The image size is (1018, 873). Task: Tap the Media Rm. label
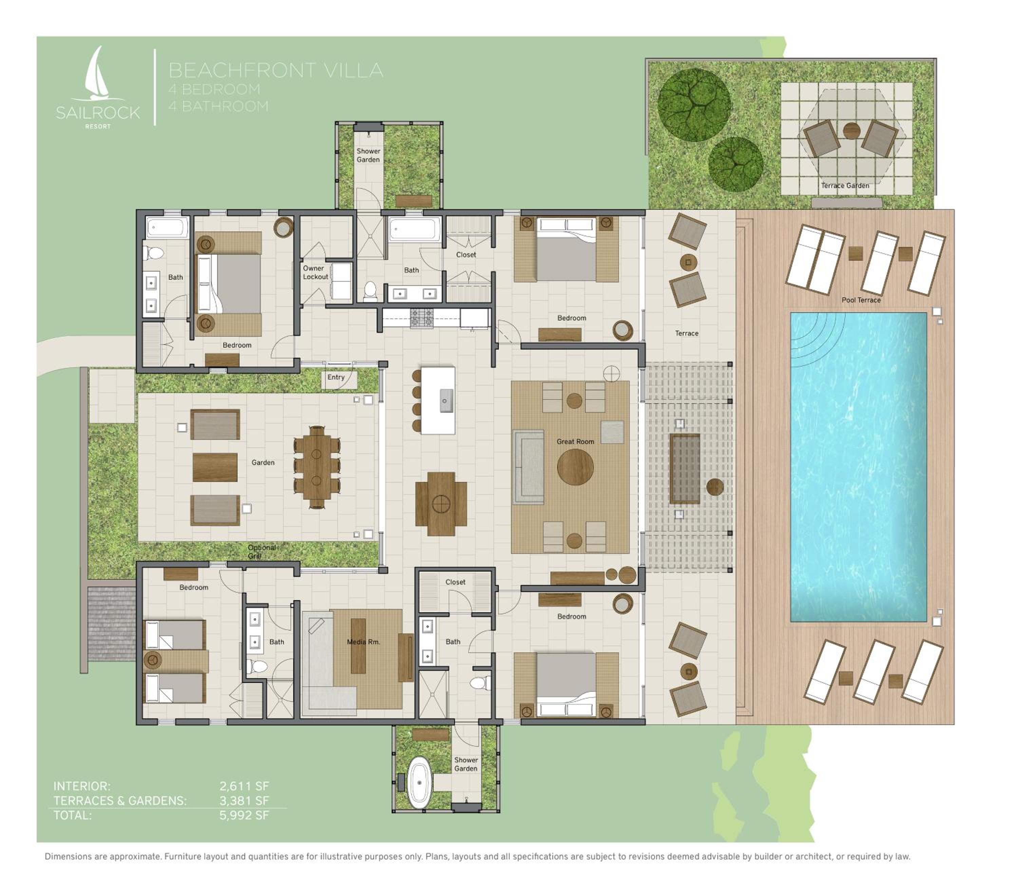pos(363,642)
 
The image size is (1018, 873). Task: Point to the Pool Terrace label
pos(861,300)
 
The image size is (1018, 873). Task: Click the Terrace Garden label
pos(845,185)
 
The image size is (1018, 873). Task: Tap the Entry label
pos(336,377)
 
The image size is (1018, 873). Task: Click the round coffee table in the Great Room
pos(575,467)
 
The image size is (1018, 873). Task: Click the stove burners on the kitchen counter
pos(422,318)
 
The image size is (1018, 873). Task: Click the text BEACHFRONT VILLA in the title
pos(276,70)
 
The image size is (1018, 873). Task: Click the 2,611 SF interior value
pos(244,786)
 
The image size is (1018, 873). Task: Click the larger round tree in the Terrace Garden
pos(694,105)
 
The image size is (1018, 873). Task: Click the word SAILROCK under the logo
pos(98,113)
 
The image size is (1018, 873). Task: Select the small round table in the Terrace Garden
pos(851,130)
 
